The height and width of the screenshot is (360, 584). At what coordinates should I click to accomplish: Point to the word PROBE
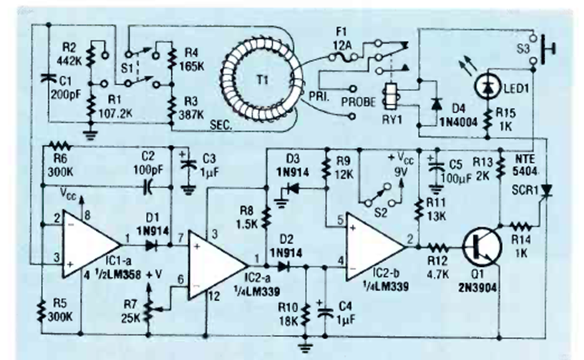click(349, 101)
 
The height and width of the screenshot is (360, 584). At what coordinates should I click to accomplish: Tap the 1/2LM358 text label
click(105, 277)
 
